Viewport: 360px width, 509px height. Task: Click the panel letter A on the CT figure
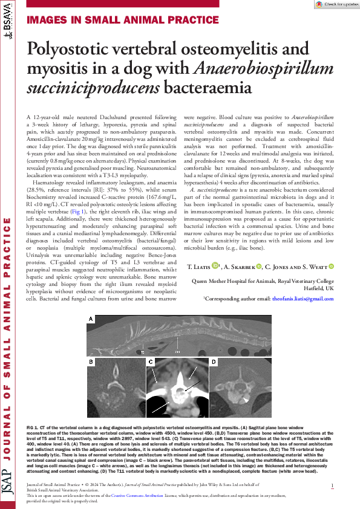click(91, 319)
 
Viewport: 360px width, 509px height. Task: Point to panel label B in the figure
click(91, 361)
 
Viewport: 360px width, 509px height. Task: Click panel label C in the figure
click(150, 362)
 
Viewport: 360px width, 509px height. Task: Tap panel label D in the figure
click(214, 361)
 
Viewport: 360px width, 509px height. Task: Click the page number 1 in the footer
click(332, 485)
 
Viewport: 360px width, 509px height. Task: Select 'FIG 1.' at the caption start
click(34, 427)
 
